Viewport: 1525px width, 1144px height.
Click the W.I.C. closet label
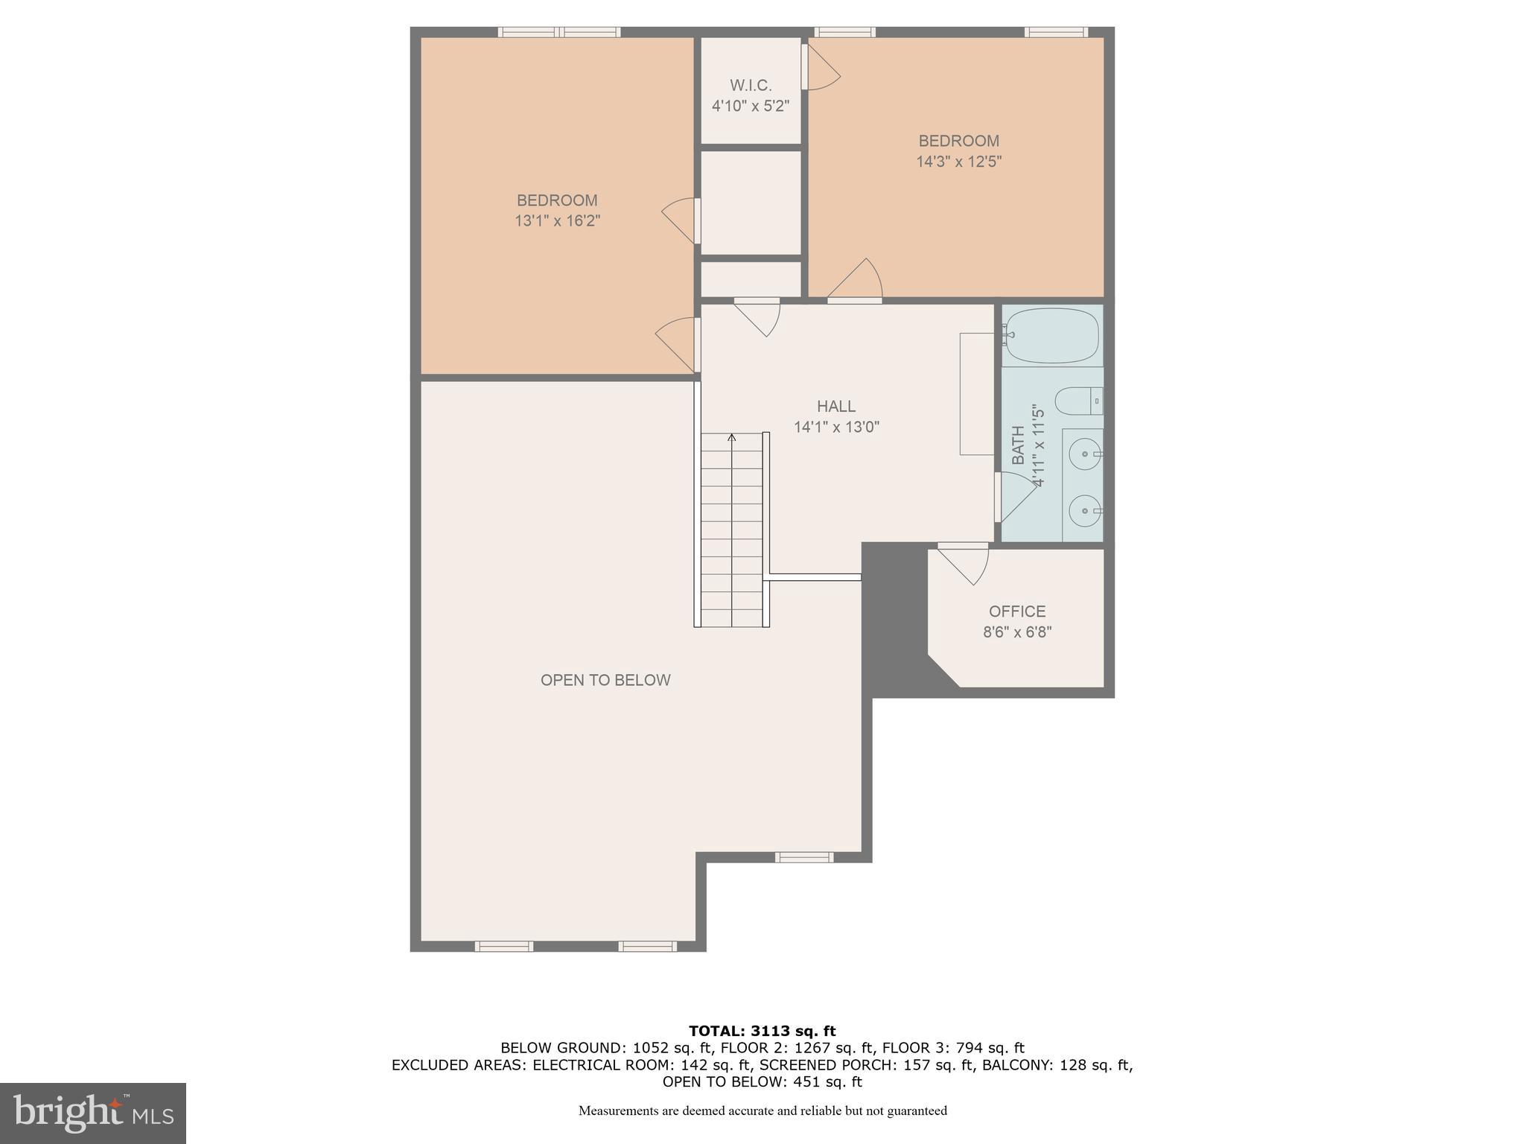(750, 86)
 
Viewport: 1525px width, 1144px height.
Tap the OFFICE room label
(1016, 611)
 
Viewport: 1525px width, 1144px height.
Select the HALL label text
(835, 407)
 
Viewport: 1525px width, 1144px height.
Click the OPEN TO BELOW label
(605, 680)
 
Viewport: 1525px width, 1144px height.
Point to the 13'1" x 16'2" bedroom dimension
(557, 221)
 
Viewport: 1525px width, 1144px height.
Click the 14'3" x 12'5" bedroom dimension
(958, 162)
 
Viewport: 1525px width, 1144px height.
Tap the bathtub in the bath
(1051, 336)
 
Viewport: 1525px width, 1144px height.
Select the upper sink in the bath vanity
(1085, 452)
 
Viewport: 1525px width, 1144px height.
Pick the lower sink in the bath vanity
(1085, 511)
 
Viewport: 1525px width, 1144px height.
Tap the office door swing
(967, 565)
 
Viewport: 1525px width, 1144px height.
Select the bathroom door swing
(1016, 497)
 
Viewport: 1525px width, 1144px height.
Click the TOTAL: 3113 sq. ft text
(762, 1031)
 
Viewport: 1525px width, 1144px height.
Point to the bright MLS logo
(92, 1113)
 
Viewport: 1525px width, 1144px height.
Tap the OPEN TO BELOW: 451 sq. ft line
(762, 1081)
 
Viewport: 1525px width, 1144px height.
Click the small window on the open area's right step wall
(803, 857)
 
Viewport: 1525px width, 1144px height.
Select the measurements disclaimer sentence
(762, 1111)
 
